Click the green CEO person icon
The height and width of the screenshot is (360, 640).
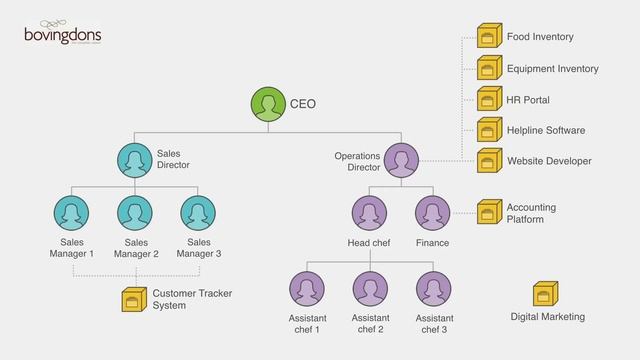click(267, 104)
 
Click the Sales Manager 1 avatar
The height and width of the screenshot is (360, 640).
click(71, 213)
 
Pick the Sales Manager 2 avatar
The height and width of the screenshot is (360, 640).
click(135, 213)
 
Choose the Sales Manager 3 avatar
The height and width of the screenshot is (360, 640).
click(198, 213)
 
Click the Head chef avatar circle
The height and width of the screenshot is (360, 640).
click(369, 213)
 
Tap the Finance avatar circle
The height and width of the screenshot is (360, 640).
click(432, 213)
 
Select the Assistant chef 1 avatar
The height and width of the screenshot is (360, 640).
click(306, 289)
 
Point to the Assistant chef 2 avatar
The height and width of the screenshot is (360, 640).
click(369, 289)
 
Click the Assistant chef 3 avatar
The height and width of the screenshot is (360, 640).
click(432, 289)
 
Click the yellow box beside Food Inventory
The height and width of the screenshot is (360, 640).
click(488, 37)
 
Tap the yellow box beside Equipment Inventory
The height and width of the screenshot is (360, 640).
click(488, 68)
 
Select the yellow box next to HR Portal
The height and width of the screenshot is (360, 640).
click(488, 99)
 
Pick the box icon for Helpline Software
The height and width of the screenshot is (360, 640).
click(488, 130)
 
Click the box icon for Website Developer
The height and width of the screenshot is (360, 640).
click(488, 160)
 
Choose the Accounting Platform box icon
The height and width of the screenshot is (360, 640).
click(488, 212)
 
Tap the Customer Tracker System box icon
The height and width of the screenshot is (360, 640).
click(133, 299)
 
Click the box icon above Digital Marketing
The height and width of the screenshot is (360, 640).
click(545, 294)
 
